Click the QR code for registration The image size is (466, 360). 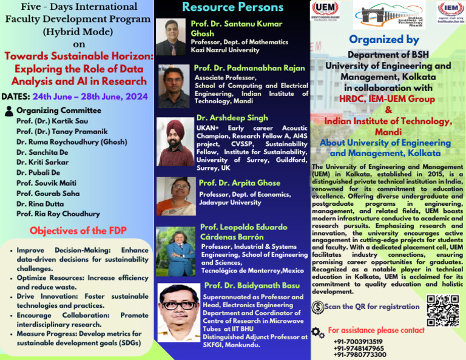(x=442, y=310)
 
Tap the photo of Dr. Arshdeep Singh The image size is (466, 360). (x=175, y=142)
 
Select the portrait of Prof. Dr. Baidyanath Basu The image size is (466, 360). (x=178, y=312)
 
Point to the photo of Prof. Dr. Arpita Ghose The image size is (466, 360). (x=176, y=196)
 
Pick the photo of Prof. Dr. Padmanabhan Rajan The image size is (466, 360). (x=174, y=86)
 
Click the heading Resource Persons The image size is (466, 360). (x=232, y=7)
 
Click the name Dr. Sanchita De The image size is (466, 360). (x=42, y=152)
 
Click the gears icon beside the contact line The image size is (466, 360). (x=317, y=332)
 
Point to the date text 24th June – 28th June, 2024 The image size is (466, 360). (x=90, y=96)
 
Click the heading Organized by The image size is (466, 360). (x=383, y=39)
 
